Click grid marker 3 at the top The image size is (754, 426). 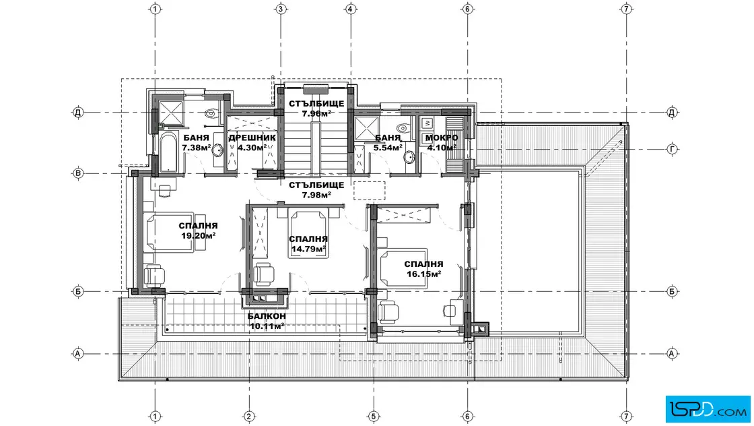[281, 9]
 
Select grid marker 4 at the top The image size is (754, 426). [351, 9]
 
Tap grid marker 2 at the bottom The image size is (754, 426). [249, 417]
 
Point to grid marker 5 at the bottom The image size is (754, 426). [374, 417]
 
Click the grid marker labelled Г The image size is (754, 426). [673, 149]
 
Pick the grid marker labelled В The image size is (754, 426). [78, 173]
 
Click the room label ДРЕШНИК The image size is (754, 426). [252, 138]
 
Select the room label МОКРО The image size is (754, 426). [442, 138]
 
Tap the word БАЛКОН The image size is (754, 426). [267, 316]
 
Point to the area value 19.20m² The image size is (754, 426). [198, 236]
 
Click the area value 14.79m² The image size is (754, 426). [309, 249]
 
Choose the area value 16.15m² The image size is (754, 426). [423, 274]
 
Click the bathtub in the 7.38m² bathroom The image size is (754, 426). [168, 152]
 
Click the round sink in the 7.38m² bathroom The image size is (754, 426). [218, 150]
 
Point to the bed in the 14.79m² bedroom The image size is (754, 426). [309, 234]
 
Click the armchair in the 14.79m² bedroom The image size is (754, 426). [263, 274]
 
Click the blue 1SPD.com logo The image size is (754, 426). [708, 410]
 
